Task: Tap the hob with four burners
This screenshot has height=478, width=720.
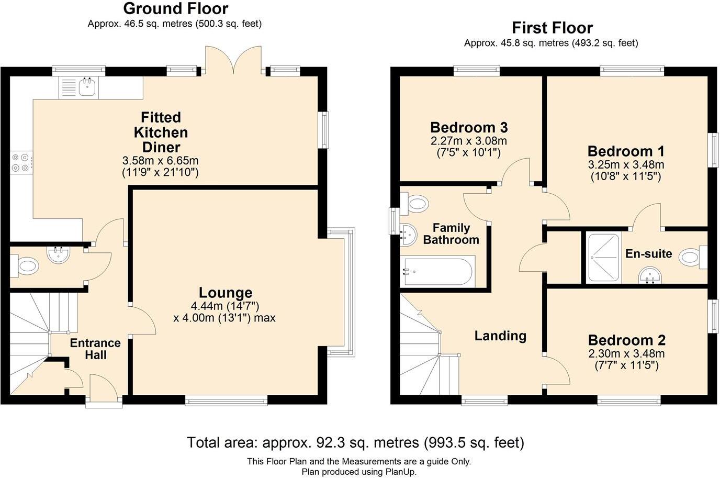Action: tap(20, 162)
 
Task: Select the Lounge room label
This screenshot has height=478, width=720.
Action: tap(226, 293)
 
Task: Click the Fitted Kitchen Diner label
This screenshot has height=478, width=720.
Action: tap(161, 132)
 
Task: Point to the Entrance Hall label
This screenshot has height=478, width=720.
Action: tap(95, 349)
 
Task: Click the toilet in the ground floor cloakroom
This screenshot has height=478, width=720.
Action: tap(26, 266)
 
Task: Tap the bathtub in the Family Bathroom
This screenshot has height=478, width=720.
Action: tap(437, 272)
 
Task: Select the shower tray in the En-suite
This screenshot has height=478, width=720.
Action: tap(603, 258)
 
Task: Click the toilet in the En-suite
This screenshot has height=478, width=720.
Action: tap(692, 258)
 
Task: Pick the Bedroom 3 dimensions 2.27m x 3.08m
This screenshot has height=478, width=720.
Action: tap(469, 141)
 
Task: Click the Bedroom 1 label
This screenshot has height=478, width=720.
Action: tap(626, 151)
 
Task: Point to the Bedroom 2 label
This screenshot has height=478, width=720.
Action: tap(626, 340)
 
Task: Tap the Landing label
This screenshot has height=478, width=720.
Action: tap(500, 336)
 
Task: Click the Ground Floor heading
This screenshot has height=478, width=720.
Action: tap(175, 8)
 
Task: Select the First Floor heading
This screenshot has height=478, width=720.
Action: tap(552, 27)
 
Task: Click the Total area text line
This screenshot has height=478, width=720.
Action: tap(355, 442)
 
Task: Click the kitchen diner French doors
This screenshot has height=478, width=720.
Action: tap(233, 60)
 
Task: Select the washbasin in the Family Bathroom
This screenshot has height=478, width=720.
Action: tap(407, 235)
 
